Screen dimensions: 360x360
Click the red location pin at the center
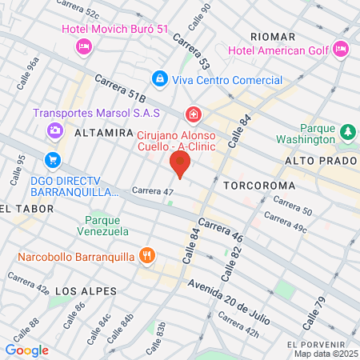pyautogui.click(x=180, y=164)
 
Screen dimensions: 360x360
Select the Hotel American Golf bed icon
pyautogui.click(x=341, y=50)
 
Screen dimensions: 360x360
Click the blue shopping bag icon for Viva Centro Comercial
pyautogui.click(x=160, y=79)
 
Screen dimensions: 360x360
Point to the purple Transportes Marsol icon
pyautogui.click(x=54, y=130)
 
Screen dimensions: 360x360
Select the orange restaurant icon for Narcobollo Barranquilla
pyautogui.click(x=146, y=256)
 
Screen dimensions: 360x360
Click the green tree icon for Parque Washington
pyautogui.click(x=348, y=131)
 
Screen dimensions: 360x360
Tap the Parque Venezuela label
pyautogui.click(x=106, y=226)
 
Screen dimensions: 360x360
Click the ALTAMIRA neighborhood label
pyautogui.click(x=102, y=134)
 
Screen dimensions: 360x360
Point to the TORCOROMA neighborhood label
pyautogui.click(x=259, y=186)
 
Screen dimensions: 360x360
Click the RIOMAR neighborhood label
pyautogui.click(x=274, y=37)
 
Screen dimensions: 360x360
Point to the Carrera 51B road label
pyautogui.click(x=119, y=89)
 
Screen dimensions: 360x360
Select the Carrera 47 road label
pyautogui.click(x=152, y=192)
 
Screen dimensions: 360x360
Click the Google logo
pyautogui.click(x=26, y=350)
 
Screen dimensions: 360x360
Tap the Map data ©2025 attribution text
pyautogui.click(x=325, y=354)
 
